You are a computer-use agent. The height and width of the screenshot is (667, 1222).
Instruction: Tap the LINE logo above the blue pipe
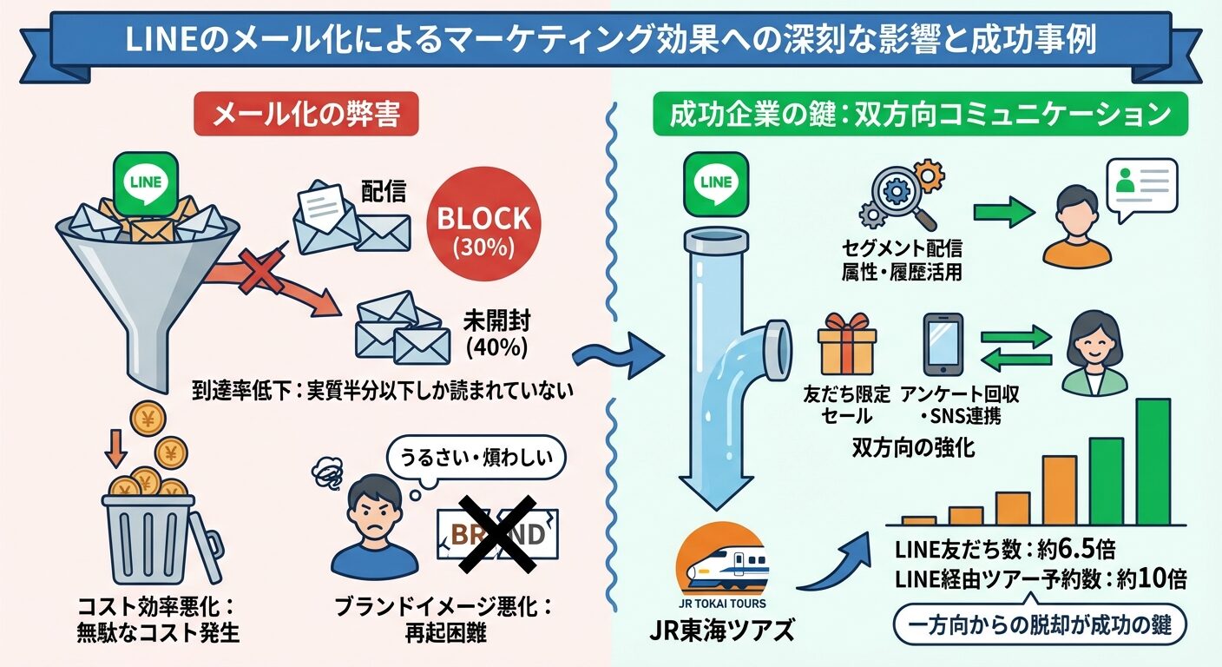coord(714,182)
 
